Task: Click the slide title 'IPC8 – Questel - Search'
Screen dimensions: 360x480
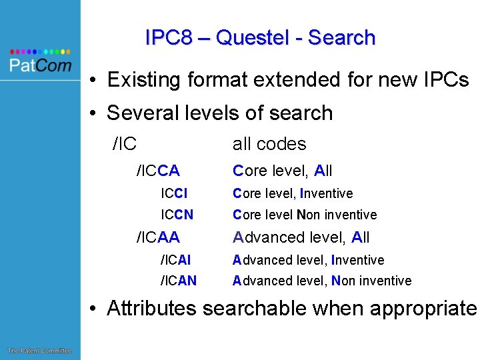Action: click(x=260, y=38)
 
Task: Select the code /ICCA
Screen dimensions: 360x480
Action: click(x=158, y=171)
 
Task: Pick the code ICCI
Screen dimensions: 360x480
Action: click(x=174, y=193)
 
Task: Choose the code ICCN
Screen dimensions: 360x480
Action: click(x=177, y=215)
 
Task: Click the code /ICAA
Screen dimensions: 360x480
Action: click(x=158, y=237)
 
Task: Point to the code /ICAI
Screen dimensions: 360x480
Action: click(x=175, y=260)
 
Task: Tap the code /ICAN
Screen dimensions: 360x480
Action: click(x=178, y=281)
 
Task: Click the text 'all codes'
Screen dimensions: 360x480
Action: click(x=269, y=144)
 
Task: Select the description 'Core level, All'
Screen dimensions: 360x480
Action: click(x=282, y=171)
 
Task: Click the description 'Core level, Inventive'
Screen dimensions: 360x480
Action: click(x=292, y=193)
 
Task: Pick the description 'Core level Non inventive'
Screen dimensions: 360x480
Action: click(x=304, y=215)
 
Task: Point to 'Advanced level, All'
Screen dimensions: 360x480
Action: click(x=301, y=237)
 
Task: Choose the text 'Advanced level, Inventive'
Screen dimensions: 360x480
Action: click(x=308, y=260)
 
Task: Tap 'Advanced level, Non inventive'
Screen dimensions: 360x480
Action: click(x=321, y=281)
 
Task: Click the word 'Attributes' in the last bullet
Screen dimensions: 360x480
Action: click(x=151, y=309)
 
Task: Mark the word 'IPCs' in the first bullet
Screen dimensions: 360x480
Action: click(x=445, y=80)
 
